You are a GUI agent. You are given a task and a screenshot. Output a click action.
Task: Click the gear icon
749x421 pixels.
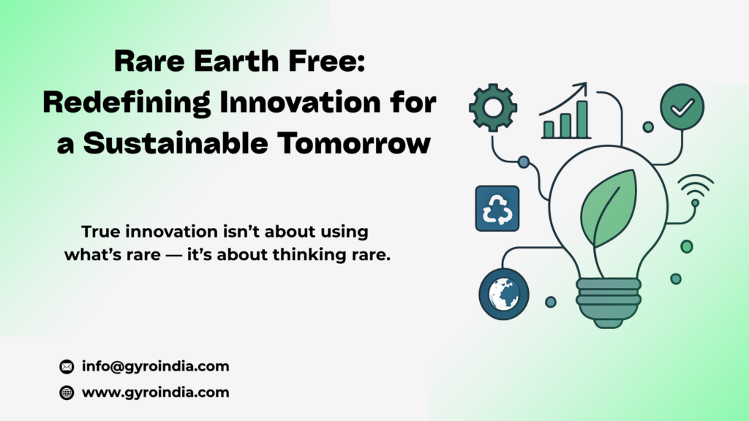click(493, 108)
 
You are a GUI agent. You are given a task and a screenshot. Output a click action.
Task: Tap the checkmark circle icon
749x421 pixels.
click(682, 107)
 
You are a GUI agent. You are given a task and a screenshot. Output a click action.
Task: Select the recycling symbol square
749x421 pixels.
click(497, 208)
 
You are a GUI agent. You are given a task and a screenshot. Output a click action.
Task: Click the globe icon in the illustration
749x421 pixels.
click(504, 294)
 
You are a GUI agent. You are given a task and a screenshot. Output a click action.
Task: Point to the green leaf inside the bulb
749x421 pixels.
click(609, 208)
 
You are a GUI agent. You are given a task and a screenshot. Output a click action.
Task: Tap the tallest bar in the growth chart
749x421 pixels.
click(581, 119)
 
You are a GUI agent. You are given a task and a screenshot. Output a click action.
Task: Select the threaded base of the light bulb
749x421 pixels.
click(608, 303)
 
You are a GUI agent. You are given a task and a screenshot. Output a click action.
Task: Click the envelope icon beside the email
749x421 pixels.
click(67, 367)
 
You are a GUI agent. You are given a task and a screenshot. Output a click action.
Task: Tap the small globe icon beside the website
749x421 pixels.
click(67, 392)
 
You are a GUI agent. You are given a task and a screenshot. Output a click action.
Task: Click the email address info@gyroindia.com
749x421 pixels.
click(156, 366)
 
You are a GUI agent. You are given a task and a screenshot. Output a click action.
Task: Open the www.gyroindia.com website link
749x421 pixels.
click(156, 392)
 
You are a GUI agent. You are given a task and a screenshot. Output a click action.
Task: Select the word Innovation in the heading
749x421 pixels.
click(300, 102)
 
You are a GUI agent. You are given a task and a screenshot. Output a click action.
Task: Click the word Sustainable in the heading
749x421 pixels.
click(176, 143)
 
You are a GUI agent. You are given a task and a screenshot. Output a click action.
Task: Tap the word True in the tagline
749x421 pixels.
click(100, 232)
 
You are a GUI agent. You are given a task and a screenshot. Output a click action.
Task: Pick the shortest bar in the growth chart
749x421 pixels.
click(549, 129)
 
